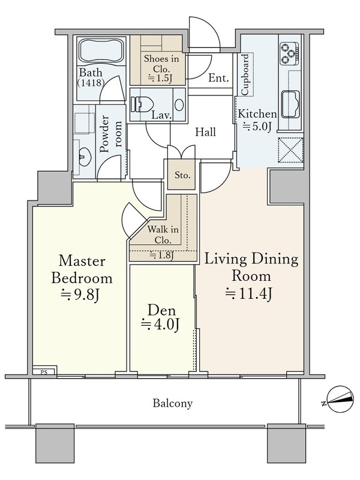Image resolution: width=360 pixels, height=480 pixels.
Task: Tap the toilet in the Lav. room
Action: [142, 104]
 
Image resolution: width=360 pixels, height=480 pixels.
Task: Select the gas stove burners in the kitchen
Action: [289, 53]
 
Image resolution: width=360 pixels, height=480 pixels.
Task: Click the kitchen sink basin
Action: [290, 104]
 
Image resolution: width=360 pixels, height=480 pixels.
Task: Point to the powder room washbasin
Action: [83, 155]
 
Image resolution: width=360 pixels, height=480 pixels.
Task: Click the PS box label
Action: [44, 373]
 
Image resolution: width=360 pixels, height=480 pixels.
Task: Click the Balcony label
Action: [173, 403]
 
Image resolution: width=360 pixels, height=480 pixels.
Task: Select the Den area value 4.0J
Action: [160, 325]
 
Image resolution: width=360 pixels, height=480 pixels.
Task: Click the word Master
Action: [82, 261]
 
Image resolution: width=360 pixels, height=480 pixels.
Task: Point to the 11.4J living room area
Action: [249, 293]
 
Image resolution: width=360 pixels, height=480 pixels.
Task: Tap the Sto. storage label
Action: [182, 175]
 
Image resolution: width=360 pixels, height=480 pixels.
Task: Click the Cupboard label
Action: [245, 74]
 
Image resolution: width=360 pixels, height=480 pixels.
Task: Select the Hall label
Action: [206, 132]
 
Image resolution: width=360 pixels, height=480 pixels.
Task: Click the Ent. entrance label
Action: [218, 78]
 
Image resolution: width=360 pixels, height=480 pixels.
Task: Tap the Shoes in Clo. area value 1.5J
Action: [160, 79]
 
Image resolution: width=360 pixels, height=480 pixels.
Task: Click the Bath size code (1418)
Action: [91, 82]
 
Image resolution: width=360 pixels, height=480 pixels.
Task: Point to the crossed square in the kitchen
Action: [290, 150]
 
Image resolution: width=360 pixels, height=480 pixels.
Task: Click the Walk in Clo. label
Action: [163, 235]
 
